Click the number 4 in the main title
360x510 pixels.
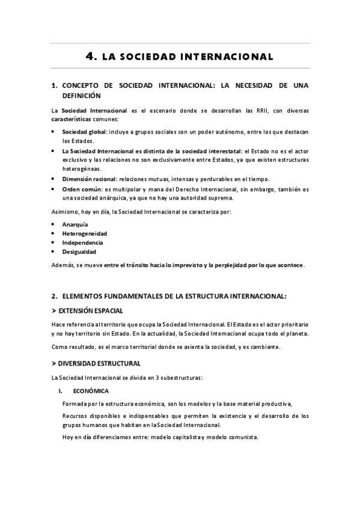click(x=91, y=57)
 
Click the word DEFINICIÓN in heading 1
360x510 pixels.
click(x=81, y=95)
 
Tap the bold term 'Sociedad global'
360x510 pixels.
click(x=84, y=131)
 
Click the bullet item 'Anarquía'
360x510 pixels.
click(x=75, y=223)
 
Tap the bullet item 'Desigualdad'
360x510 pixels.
click(x=79, y=252)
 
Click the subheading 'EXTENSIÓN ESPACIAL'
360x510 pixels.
click(x=91, y=311)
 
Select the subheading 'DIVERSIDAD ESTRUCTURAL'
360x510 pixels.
click(x=100, y=363)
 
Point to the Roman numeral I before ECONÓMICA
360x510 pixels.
click(x=61, y=391)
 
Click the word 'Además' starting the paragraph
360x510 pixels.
click(x=63, y=265)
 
